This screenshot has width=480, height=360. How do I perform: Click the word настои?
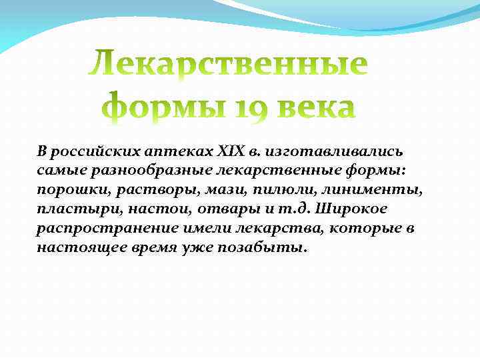pos(148,209)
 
